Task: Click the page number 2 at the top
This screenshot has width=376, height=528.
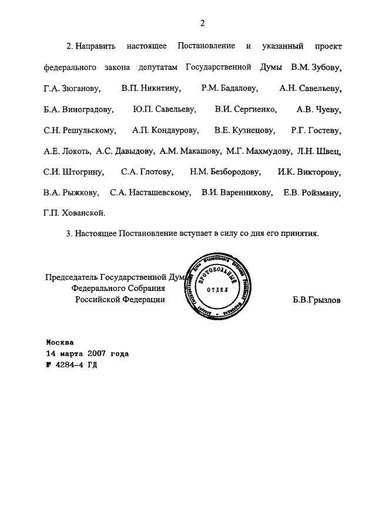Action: (202, 23)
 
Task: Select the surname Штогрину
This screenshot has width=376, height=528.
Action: (82, 172)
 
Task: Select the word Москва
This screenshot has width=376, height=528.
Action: (61, 342)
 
